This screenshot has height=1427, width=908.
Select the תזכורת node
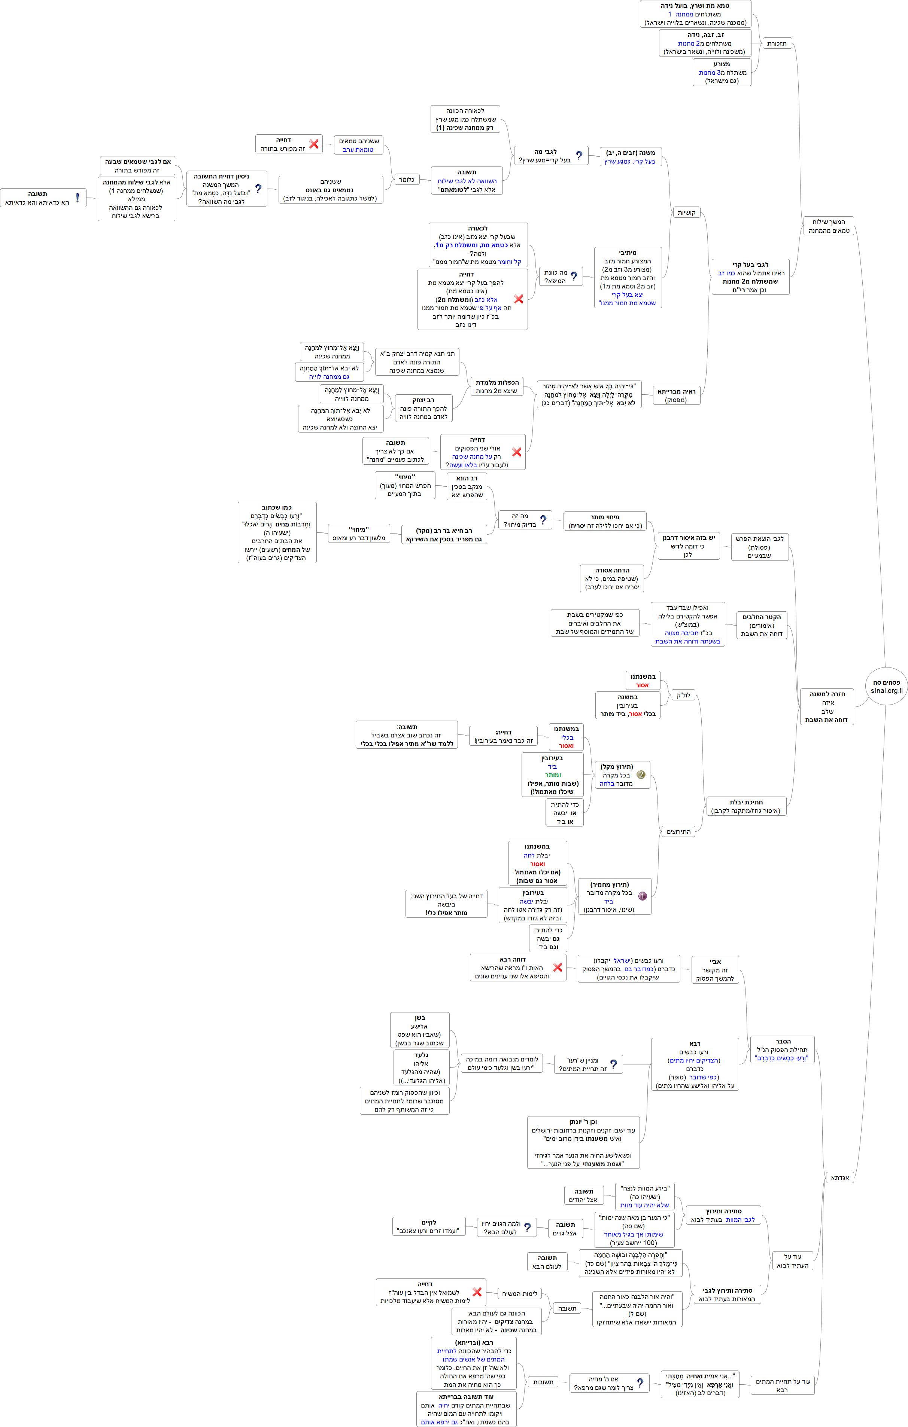pyautogui.click(x=776, y=43)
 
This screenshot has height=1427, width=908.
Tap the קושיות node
pyautogui.click(x=686, y=212)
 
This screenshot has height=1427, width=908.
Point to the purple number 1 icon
pyautogui.click(x=642, y=896)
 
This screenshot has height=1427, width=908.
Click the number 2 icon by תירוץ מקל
pyautogui.click(x=641, y=774)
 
